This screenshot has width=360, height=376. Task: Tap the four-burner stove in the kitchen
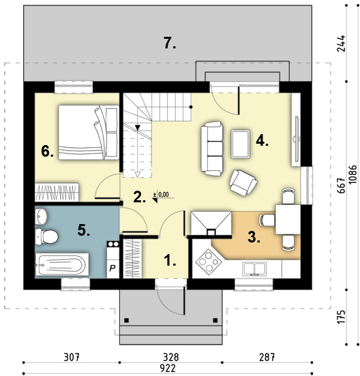(x=209, y=262)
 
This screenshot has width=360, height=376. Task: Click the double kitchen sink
(x=254, y=269)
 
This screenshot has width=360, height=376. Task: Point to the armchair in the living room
(x=243, y=183)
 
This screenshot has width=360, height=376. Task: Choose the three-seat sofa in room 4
(x=212, y=148)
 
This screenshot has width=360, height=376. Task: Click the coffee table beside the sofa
(x=241, y=144)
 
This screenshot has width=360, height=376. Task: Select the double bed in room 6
(x=89, y=132)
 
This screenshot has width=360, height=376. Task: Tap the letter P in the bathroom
(x=112, y=268)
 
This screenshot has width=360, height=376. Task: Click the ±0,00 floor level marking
(x=161, y=195)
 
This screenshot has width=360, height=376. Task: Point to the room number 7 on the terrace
(x=170, y=43)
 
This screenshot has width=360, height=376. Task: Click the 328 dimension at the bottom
(x=171, y=358)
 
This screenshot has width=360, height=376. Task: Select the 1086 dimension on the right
(x=353, y=174)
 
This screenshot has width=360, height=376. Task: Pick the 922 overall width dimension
(x=168, y=368)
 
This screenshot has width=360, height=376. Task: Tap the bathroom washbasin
(x=42, y=217)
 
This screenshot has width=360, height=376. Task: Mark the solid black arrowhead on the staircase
(x=138, y=127)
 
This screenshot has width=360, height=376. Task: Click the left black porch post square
(x=127, y=320)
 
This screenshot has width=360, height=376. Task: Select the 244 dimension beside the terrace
(x=341, y=44)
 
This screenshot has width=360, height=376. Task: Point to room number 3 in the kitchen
(x=254, y=237)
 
